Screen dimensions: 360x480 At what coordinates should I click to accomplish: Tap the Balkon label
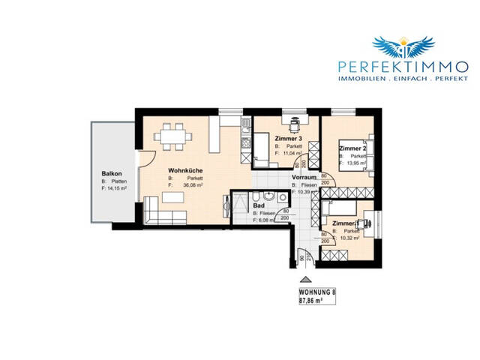(x=112, y=174)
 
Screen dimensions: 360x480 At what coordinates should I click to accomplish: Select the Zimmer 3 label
(x=288, y=139)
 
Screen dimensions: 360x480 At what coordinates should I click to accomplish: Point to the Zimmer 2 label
(x=352, y=148)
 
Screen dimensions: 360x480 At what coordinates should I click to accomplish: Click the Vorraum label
(x=303, y=177)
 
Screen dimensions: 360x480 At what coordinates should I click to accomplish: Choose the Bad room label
(x=259, y=204)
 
